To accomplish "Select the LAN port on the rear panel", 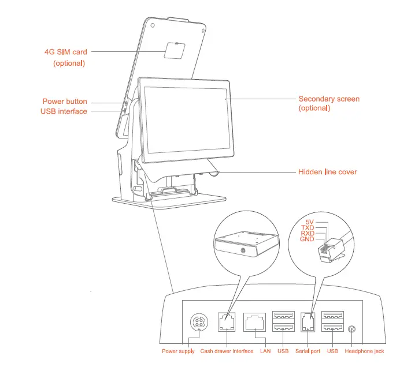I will (255, 323).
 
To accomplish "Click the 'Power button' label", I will (65, 102).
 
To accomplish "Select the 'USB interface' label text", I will (64, 111).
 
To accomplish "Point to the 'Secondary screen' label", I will (328, 99).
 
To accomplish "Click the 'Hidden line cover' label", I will (327, 172).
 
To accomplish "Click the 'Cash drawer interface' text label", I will (227, 351).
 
